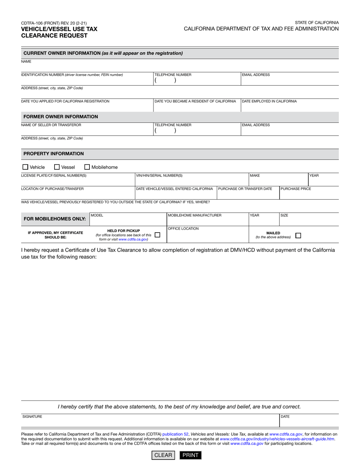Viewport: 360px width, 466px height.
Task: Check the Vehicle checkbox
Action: (x=25, y=167)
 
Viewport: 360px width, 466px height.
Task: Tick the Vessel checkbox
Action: (x=57, y=167)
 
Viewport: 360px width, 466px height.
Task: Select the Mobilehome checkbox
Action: (x=87, y=167)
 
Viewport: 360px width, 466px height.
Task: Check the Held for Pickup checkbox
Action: (x=158, y=235)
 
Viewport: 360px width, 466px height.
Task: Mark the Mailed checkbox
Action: (x=298, y=235)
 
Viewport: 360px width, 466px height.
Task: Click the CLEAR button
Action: (x=163, y=455)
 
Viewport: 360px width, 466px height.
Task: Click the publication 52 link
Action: (x=175, y=434)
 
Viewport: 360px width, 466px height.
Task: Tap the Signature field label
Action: (x=32, y=416)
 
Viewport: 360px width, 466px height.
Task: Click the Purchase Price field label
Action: (x=296, y=189)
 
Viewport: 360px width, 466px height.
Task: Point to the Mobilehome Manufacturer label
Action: (x=194, y=215)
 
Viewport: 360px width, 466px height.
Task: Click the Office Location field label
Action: (x=183, y=228)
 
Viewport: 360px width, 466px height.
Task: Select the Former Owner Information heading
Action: (x=61, y=117)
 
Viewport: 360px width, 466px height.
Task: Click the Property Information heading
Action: (x=53, y=154)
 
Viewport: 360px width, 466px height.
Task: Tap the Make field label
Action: (x=255, y=175)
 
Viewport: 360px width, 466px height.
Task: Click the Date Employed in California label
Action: (x=269, y=101)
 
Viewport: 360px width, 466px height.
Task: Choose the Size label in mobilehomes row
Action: (x=284, y=215)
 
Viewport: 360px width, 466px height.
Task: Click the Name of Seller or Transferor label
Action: (x=51, y=125)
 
